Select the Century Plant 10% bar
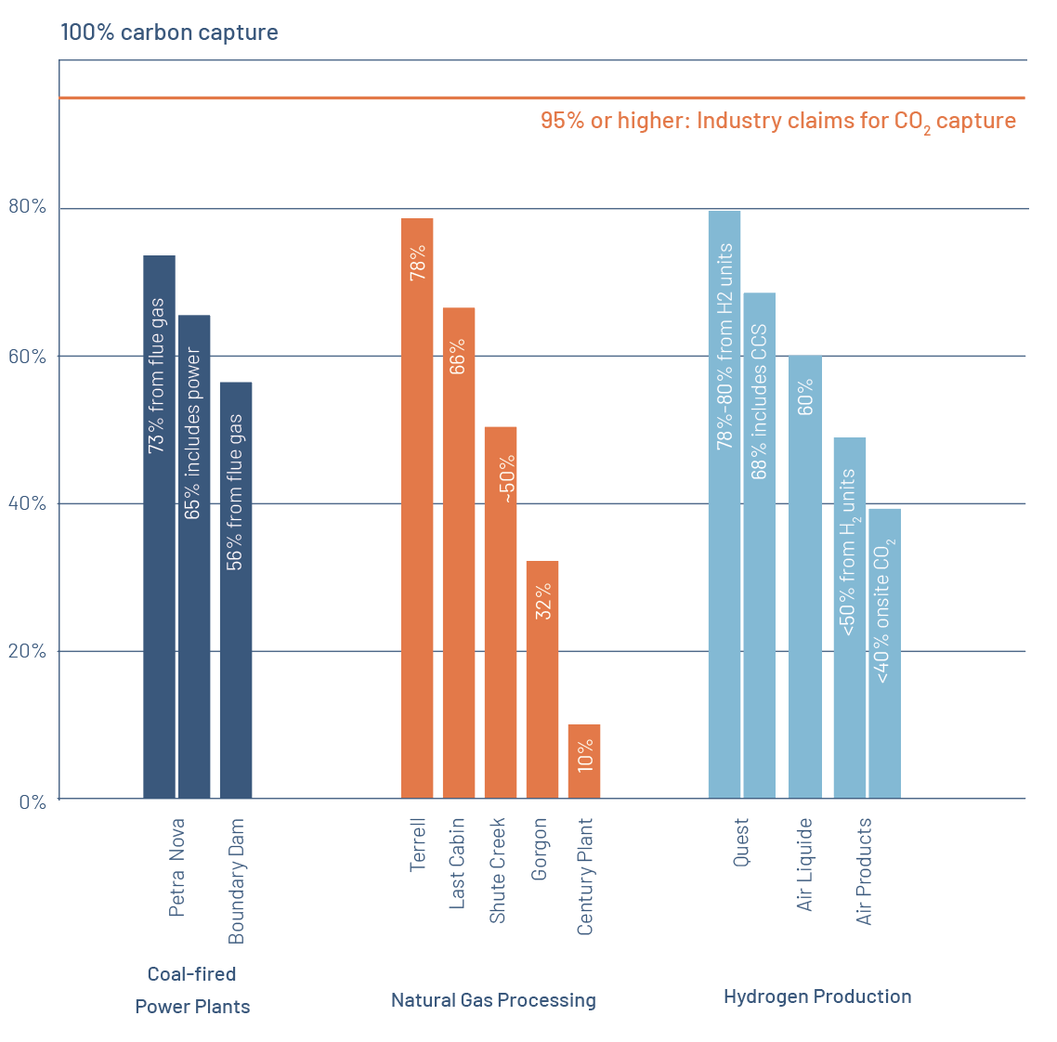coord(584,762)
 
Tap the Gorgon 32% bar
coord(542,679)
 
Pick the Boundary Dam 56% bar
coord(236,590)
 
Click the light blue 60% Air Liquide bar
coord(805,576)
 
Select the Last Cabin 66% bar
coord(459,553)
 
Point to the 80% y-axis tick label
coord(28,207)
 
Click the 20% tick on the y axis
coord(28,651)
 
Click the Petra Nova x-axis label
coord(176,867)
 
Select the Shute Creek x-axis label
coord(498,870)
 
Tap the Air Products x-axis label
coord(865,871)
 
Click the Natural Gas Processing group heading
coord(493,1000)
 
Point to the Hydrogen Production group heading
coord(817,996)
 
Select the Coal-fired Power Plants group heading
coord(192,990)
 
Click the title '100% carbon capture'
coord(169,33)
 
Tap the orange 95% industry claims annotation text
coord(778,121)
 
